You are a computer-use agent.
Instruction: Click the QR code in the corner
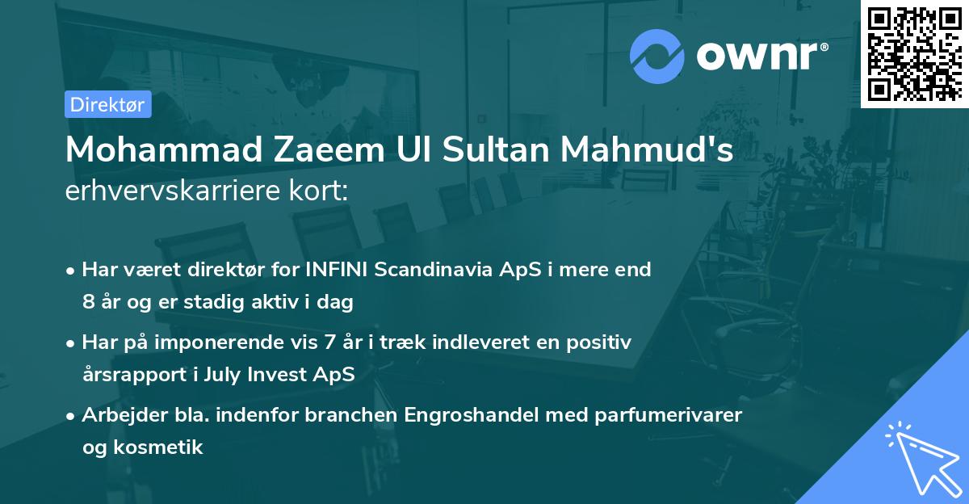tap(915, 54)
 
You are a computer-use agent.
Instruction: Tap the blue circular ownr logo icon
tap(656, 56)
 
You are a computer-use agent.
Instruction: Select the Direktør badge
tap(107, 103)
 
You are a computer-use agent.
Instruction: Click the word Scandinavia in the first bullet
tap(443, 270)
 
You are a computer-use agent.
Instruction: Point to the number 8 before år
tap(88, 303)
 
